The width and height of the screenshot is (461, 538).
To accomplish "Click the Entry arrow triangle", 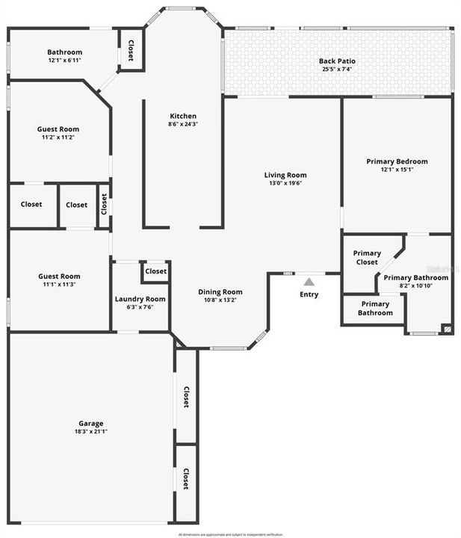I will coord(309,282).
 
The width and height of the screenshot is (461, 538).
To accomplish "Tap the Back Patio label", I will coord(337,61).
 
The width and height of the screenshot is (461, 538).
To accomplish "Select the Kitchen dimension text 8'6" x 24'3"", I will coord(183,125).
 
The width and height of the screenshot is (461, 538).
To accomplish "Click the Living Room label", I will coord(285,175).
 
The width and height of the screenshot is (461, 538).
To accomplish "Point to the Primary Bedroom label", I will coord(397,161).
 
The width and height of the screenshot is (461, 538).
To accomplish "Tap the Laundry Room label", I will coord(140,299).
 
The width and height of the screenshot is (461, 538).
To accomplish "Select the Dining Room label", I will coord(220,291).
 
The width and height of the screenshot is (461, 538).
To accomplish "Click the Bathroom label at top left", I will coord(64,52).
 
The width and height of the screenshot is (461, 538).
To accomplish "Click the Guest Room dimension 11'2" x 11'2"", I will coord(58,137).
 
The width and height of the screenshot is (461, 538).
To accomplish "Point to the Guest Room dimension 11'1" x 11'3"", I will coord(59,285).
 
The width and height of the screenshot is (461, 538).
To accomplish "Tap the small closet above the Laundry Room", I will coord(156,271).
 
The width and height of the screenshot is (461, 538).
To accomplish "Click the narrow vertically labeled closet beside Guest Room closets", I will coord(105,205).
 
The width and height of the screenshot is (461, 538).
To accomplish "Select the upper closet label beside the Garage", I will coord(186,396).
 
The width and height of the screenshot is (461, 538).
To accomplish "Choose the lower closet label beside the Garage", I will coord(186,478).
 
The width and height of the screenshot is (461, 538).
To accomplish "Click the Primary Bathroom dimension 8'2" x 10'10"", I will coord(415,285).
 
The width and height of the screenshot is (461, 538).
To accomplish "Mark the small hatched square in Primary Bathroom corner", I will coord(447,328).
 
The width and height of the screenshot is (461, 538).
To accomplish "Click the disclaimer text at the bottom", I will coord(230,534).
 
